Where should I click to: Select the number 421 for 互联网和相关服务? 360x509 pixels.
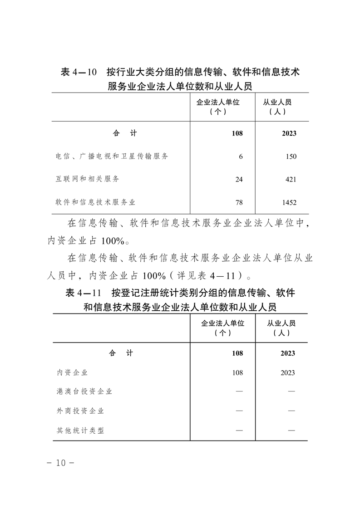point(291,180)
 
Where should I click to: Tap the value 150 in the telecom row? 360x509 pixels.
point(291,157)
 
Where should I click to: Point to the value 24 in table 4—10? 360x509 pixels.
point(239,180)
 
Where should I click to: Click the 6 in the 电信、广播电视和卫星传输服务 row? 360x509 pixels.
point(241,157)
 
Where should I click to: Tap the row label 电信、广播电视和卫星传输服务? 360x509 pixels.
point(112,156)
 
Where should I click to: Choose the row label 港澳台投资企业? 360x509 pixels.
point(84,392)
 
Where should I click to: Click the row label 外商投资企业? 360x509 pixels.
point(80,411)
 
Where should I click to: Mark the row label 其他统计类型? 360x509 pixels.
point(80,430)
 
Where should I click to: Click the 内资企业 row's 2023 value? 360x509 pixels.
point(288,373)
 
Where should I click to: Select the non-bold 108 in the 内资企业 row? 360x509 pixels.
point(237,373)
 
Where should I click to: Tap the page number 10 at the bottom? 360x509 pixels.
point(60,463)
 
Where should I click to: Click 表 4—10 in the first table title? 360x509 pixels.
point(79,72)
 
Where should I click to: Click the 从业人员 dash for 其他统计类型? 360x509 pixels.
point(291,431)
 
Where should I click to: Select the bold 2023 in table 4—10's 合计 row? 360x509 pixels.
point(289,133)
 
